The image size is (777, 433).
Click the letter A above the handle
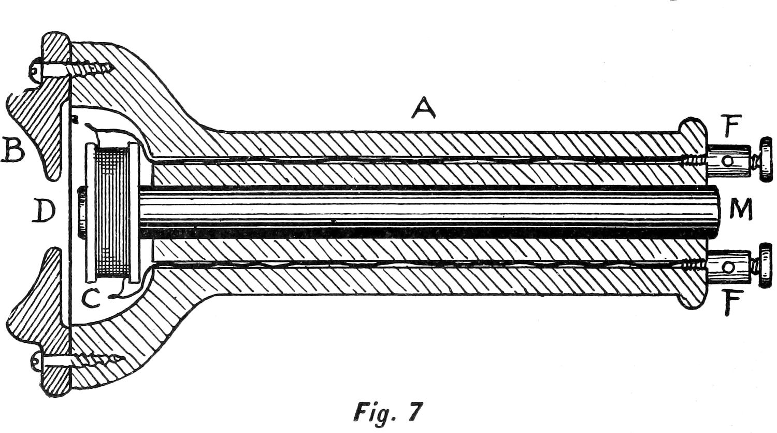tap(423, 108)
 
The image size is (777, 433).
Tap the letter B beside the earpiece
tap(13, 149)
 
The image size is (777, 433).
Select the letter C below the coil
tap(91, 297)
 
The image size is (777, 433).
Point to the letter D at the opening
tap(44, 211)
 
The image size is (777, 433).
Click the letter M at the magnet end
tap(741, 209)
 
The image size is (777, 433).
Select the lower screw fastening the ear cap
tap(78, 360)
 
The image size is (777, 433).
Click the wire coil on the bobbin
tap(112, 213)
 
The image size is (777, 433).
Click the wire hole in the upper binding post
tap(728, 161)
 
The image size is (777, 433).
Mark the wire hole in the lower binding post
tap(728, 267)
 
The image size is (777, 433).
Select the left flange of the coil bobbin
tap(90, 213)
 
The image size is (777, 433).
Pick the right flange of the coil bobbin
tap(134, 213)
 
